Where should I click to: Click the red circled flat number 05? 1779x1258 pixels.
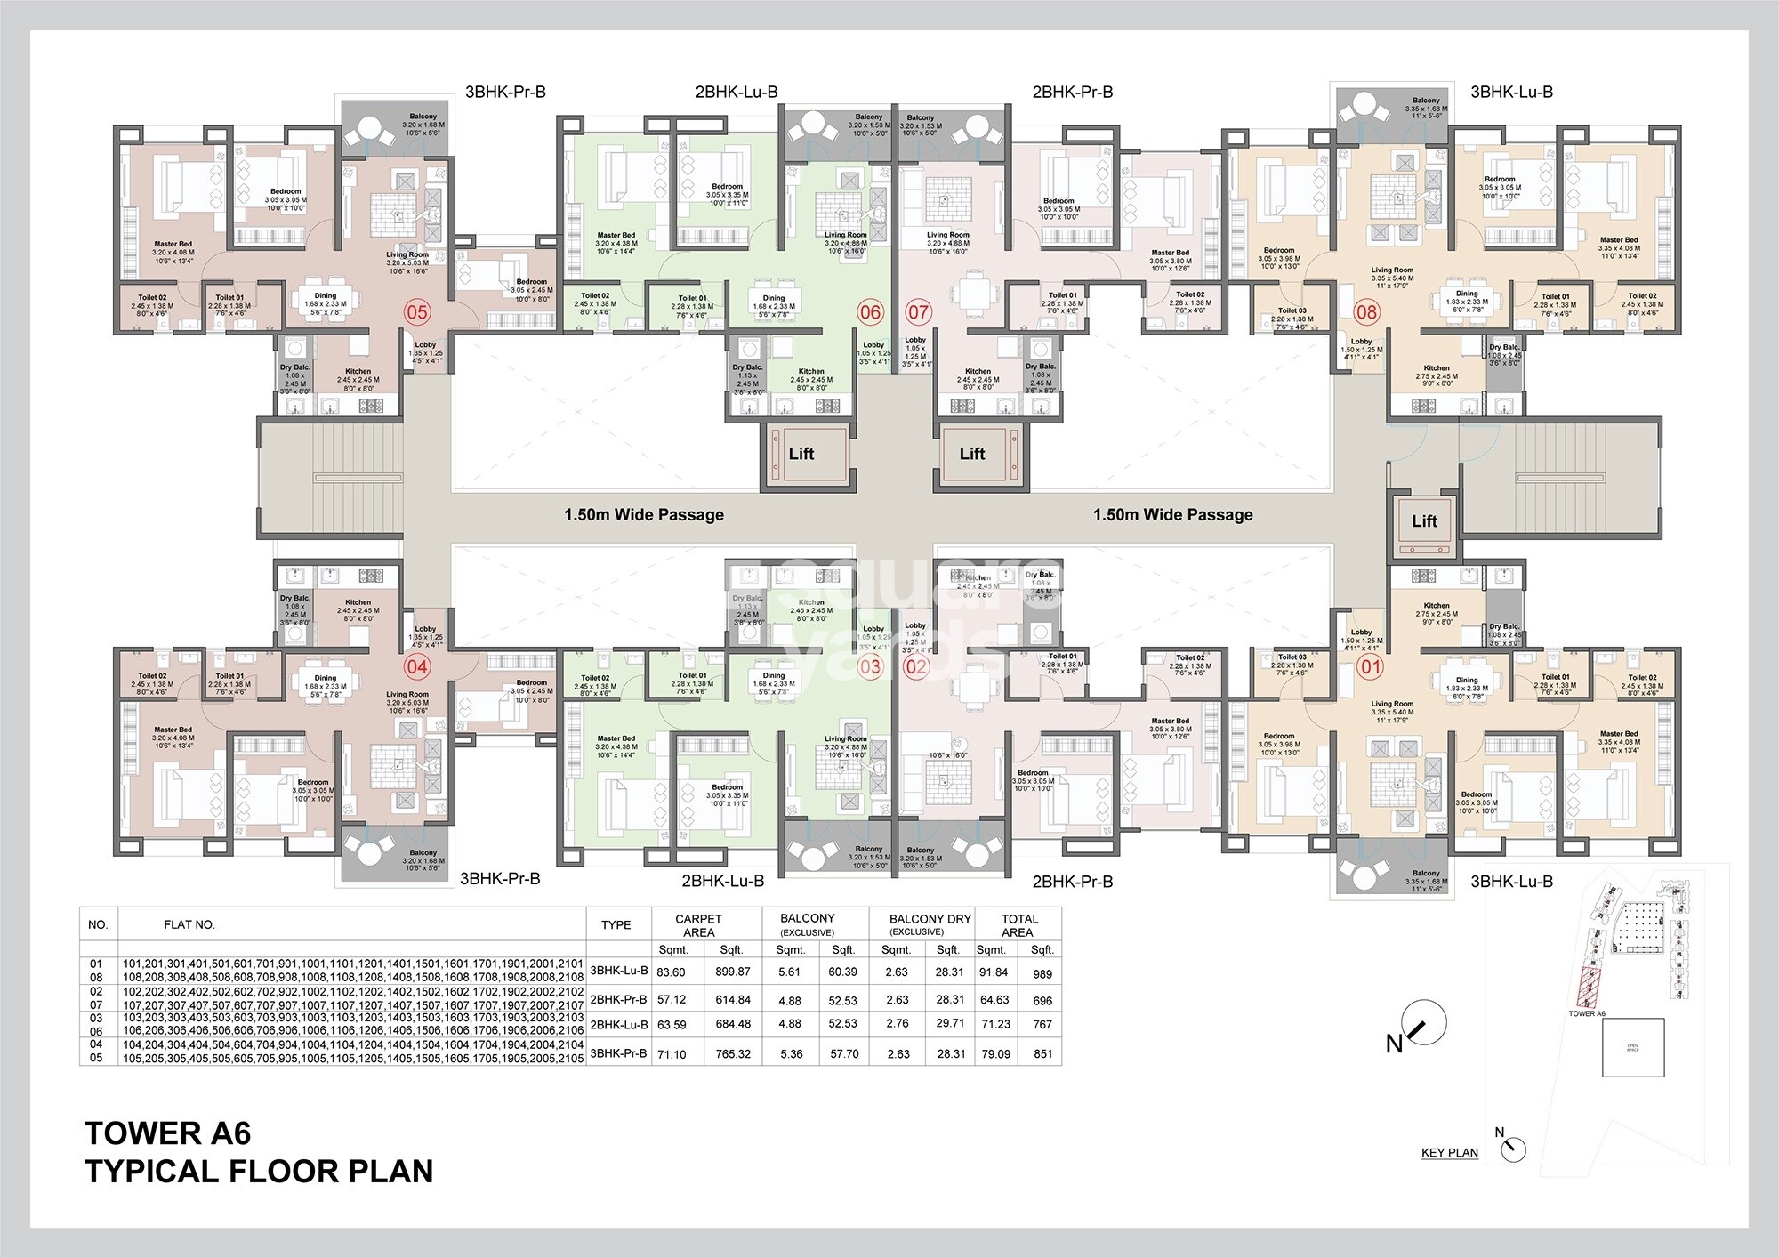pyautogui.click(x=417, y=311)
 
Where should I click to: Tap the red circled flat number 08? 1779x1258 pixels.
pyautogui.click(x=1366, y=311)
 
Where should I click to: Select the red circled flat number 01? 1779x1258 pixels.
pyautogui.click(x=1371, y=666)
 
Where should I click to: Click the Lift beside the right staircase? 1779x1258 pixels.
pyautogui.click(x=1424, y=521)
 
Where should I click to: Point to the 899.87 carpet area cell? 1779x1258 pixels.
pyautogui.click(x=732, y=972)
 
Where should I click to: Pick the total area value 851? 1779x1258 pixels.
pyautogui.click(x=1043, y=1053)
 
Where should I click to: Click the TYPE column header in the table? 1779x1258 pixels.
pyautogui.click(x=616, y=925)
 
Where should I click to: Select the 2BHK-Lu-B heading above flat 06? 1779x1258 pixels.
pyautogui.click(x=737, y=92)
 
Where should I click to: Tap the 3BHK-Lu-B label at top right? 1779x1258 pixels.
pyautogui.click(x=1511, y=92)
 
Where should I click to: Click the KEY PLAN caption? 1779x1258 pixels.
pyautogui.click(x=1449, y=1152)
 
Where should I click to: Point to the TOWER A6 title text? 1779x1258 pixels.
pyautogui.click(x=168, y=1133)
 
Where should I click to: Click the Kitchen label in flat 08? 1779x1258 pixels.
pyautogui.click(x=1436, y=367)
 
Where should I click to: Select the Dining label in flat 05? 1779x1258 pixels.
pyautogui.click(x=325, y=295)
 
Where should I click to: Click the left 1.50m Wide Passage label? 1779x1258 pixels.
pyautogui.click(x=643, y=514)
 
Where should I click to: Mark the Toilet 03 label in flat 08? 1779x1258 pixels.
pyautogui.click(x=1292, y=310)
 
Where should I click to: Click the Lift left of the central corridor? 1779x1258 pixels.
pyautogui.click(x=801, y=454)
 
